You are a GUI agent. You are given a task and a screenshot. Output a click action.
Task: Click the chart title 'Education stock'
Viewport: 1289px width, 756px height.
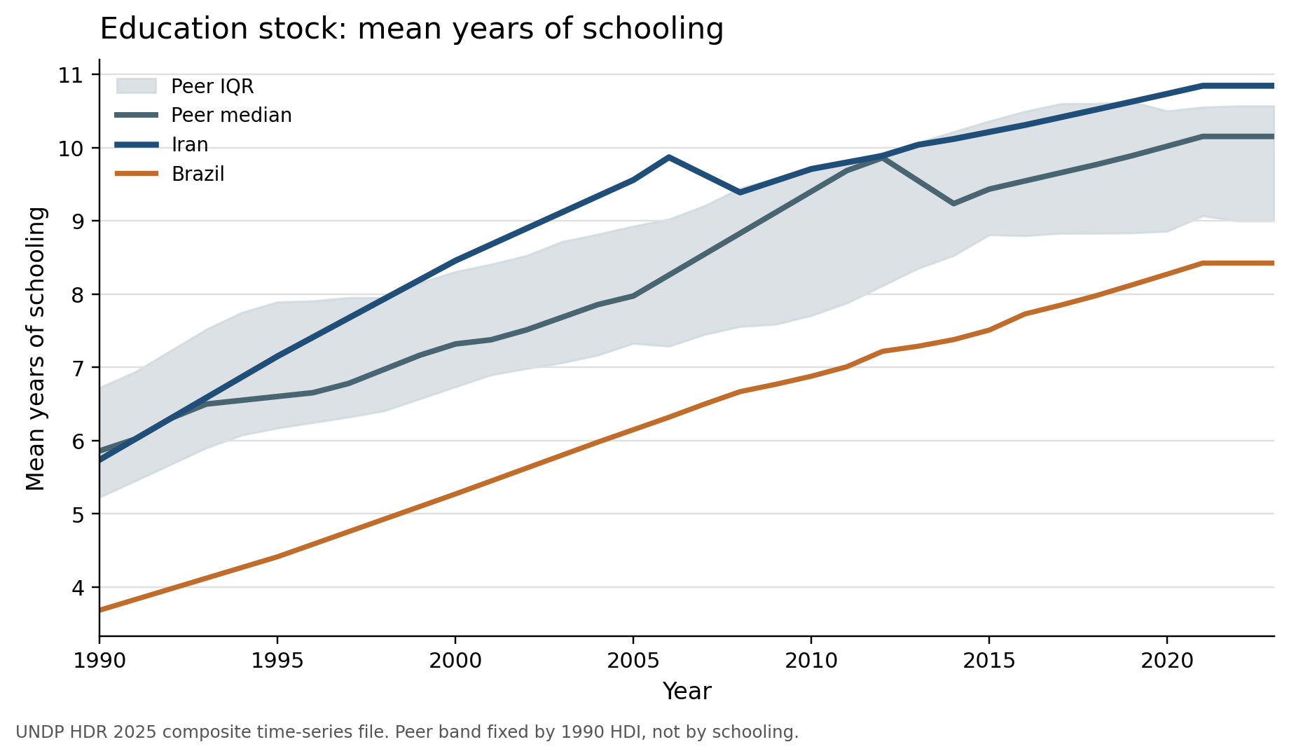click(x=411, y=29)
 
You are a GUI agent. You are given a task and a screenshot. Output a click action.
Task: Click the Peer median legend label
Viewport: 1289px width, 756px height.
click(x=231, y=116)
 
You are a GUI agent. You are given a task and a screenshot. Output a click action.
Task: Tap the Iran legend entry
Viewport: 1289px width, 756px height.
click(x=190, y=145)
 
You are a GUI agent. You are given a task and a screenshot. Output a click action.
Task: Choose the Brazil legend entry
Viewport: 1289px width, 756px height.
click(x=198, y=174)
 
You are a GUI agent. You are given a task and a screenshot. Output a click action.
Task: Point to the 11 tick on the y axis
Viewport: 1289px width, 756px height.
click(x=70, y=75)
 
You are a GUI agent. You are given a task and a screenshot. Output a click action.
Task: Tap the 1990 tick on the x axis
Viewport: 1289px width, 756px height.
click(x=99, y=661)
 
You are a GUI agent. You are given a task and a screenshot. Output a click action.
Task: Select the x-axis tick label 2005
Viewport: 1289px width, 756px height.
click(x=633, y=661)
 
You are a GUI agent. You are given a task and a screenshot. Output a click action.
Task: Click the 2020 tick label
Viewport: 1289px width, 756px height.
click(x=1167, y=661)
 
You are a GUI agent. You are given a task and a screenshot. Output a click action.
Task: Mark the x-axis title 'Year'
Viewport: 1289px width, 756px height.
click(x=687, y=692)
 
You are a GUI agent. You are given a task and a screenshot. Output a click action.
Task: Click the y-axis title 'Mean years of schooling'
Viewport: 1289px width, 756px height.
click(x=36, y=348)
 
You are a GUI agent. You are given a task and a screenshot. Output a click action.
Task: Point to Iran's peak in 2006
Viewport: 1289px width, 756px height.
click(x=669, y=158)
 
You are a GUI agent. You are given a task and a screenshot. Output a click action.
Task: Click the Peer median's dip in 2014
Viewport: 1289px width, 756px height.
click(x=953, y=204)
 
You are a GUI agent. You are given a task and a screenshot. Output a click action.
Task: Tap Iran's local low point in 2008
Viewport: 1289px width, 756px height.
click(x=740, y=192)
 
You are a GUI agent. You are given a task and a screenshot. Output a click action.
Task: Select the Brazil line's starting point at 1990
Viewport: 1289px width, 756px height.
click(x=100, y=610)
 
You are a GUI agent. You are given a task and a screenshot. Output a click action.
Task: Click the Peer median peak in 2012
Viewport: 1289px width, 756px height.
click(x=883, y=158)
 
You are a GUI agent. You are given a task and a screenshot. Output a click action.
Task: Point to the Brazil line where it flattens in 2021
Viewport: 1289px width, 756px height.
click(x=1202, y=263)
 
